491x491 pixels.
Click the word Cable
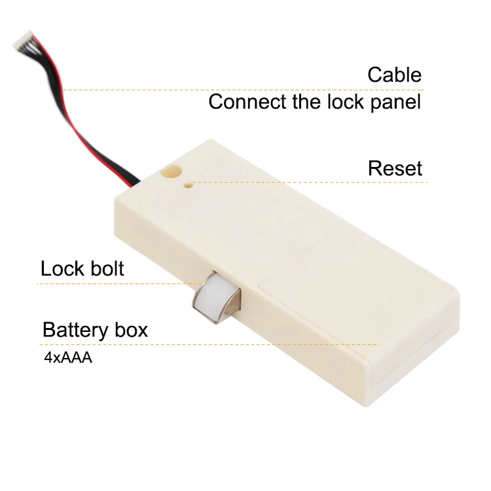point(394,75)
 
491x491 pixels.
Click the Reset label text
point(395,168)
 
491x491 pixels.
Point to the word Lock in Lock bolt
point(61,268)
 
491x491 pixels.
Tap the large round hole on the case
point(170,173)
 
